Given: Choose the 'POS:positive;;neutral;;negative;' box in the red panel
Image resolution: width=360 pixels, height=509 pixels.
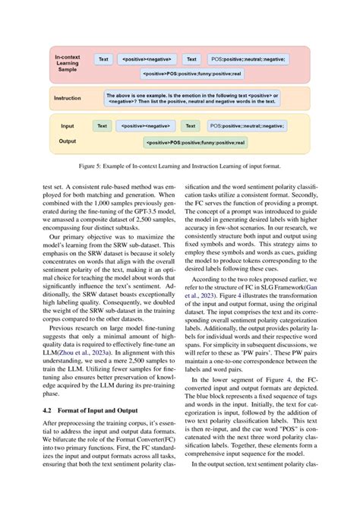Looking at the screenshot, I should [248, 58].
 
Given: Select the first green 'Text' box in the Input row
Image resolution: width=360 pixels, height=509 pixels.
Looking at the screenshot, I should [102, 125].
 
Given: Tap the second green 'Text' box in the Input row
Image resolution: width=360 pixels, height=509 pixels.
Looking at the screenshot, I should [191, 125].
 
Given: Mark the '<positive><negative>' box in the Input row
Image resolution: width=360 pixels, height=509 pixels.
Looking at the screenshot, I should [146, 125].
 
